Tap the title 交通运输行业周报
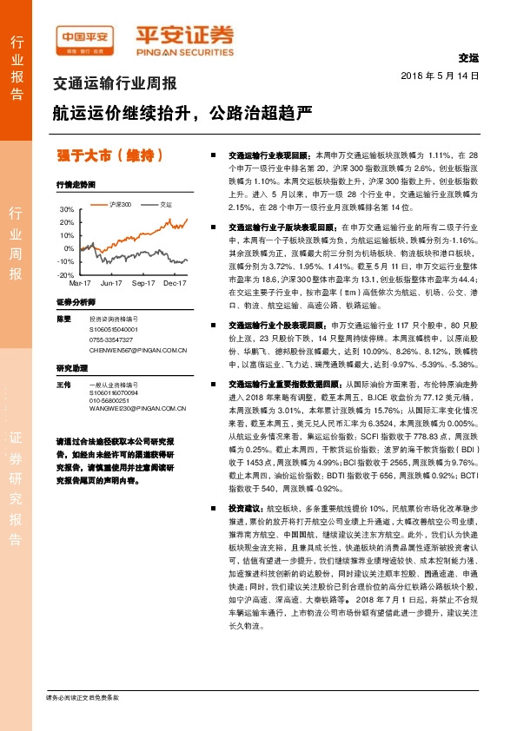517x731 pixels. [115, 84]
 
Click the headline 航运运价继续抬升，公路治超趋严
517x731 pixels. [181, 115]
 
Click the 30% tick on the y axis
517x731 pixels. [67, 210]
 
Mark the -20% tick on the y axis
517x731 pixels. [66, 274]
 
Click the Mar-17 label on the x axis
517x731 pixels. [80, 283]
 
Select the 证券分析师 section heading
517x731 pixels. [74, 301]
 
